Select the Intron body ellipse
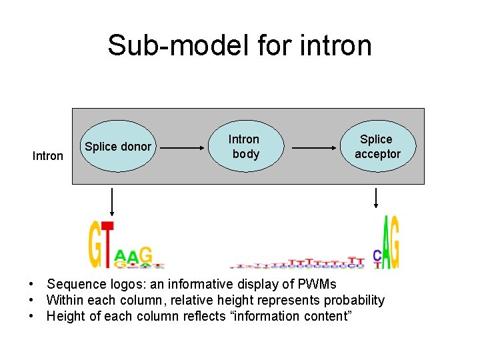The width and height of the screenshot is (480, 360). (x=244, y=147)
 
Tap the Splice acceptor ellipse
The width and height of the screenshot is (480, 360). (x=377, y=147)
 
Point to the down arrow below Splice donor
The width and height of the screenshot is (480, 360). (x=111, y=201)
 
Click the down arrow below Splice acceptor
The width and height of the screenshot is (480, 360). (x=376, y=199)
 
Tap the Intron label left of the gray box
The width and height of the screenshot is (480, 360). (x=48, y=156)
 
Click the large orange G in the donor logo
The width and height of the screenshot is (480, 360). (x=95, y=245)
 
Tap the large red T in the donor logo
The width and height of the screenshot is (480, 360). (x=107, y=245)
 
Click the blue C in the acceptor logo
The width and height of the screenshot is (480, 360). (x=377, y=256)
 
